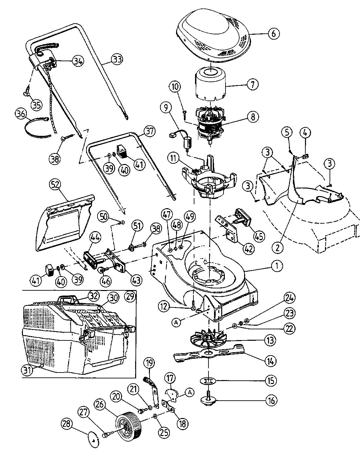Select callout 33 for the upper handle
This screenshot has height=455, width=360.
click(x=117, y=60)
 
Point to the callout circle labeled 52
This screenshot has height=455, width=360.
click(x=55, y=185)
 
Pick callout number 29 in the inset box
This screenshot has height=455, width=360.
click(x=130, y=297)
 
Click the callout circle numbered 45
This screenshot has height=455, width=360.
click(x=259, y=236)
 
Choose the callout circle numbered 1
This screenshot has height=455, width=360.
click(x=277, y=265)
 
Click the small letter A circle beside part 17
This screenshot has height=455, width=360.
click(x=189, y=392)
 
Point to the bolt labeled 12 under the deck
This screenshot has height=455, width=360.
click(x=193, y=307)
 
